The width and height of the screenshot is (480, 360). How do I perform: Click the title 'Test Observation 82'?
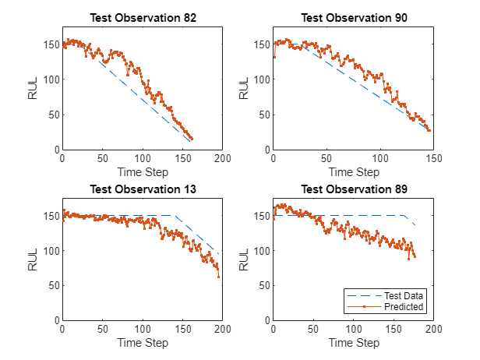[x=143, y=18]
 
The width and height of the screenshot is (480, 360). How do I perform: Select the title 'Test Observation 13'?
[x=143, y=189]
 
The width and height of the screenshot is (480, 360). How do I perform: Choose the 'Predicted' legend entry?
[x=403, y=307]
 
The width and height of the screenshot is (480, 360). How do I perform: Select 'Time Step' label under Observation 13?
[x=143, y=342]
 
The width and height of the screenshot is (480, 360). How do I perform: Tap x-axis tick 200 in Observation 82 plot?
[x=223, y=157]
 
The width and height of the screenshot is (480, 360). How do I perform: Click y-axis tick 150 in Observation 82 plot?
[x=52, y=44]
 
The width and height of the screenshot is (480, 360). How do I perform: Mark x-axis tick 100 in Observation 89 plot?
[x=353, y=328]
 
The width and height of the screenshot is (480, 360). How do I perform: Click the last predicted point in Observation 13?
[x=219, y=277]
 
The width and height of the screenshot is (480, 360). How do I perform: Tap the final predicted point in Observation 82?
[x=192, y=139]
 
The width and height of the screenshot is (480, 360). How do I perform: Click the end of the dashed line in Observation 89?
[x=415, y=225]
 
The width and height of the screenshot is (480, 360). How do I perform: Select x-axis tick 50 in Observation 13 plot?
[x=103, y=328]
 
